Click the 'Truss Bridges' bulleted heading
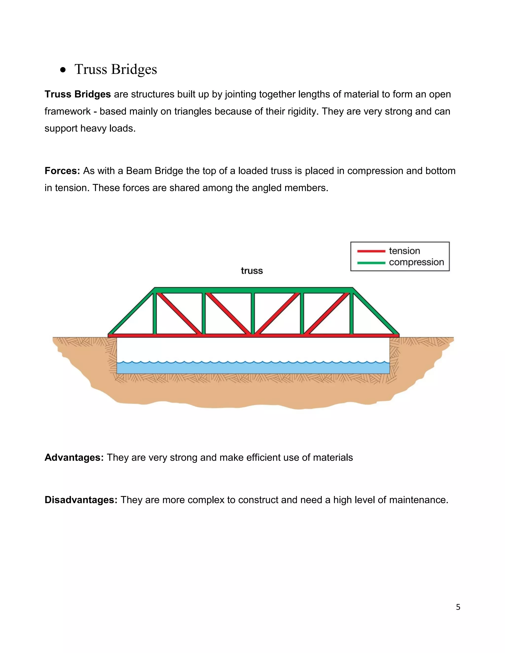pos(115,69)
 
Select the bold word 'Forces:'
pos(62,171)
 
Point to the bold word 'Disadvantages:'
pos(81,500)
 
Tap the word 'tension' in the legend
pos(404,251)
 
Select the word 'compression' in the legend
pos(416,262)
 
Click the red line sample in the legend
pos(371,251)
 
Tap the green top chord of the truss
pos(253,290)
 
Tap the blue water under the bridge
pos(253,368)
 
